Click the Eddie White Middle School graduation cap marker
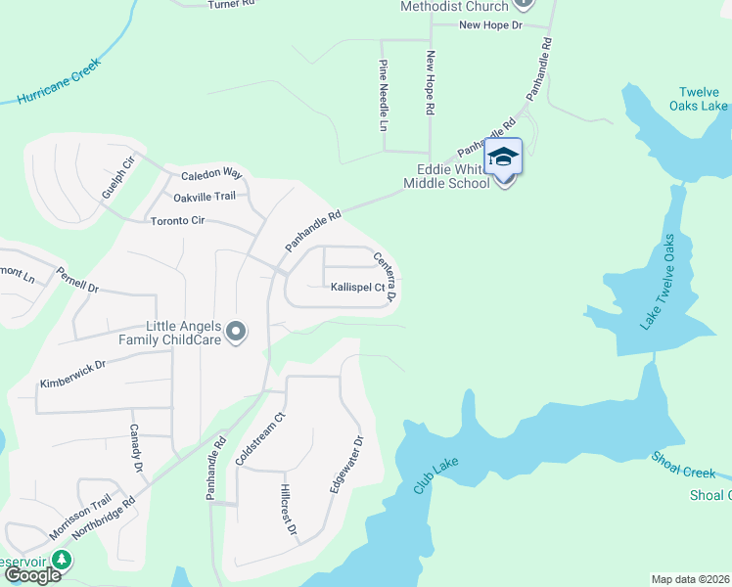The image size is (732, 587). [x=503, y=157]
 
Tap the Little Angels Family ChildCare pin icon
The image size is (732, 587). [x=235, y=334]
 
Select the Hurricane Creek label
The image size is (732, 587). [x=58, y=84]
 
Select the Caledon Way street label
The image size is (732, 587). [x=210, y=174]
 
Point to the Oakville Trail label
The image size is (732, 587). [x=205, y=197]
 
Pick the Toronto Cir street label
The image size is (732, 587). [x=177, y=220]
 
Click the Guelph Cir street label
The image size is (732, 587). [x=116, y=176]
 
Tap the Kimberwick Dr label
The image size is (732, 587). [x=71, y=371]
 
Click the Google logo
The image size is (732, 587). [x=31, y=574]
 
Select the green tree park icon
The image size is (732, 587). [x=63, y=560]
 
